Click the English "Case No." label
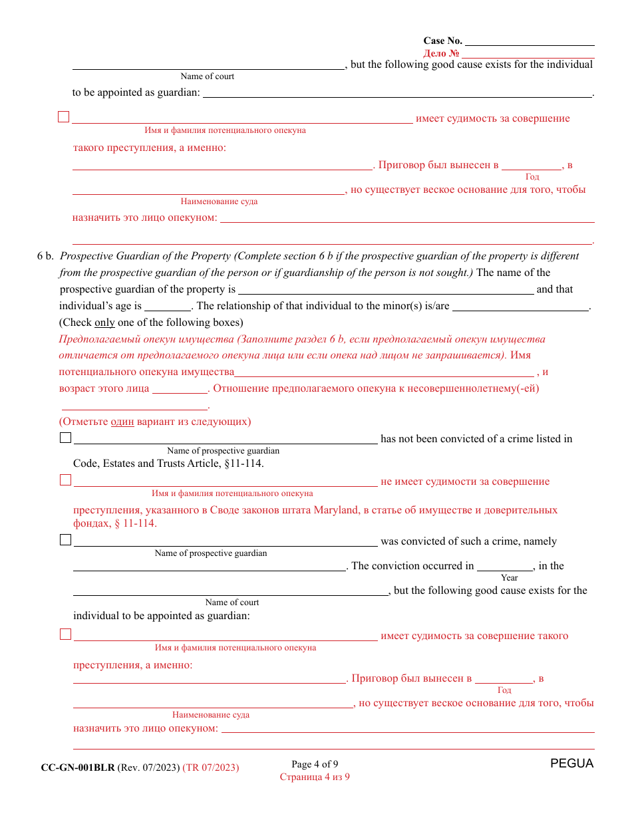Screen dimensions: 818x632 coord(442,41)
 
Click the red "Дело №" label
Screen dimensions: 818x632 coord(441,53)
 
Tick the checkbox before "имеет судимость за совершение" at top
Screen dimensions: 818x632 coord(64,117)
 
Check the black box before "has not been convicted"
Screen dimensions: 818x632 coord(65,438)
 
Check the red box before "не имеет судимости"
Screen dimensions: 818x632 coord(65,480)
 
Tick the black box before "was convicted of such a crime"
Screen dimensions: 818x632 coord(65,540)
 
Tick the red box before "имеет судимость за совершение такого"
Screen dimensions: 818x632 coord(65,634)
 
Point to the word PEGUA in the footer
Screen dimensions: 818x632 coord(571,763)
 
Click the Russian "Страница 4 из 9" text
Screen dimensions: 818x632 coord(315,777)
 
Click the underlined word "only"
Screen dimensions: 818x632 coord(104,323)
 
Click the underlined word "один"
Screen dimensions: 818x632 coord(122,422)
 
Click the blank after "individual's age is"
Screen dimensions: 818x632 coord(168,306)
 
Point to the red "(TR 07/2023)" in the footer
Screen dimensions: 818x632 coord(211,767)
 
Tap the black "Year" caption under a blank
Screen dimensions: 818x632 coord(510,578)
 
